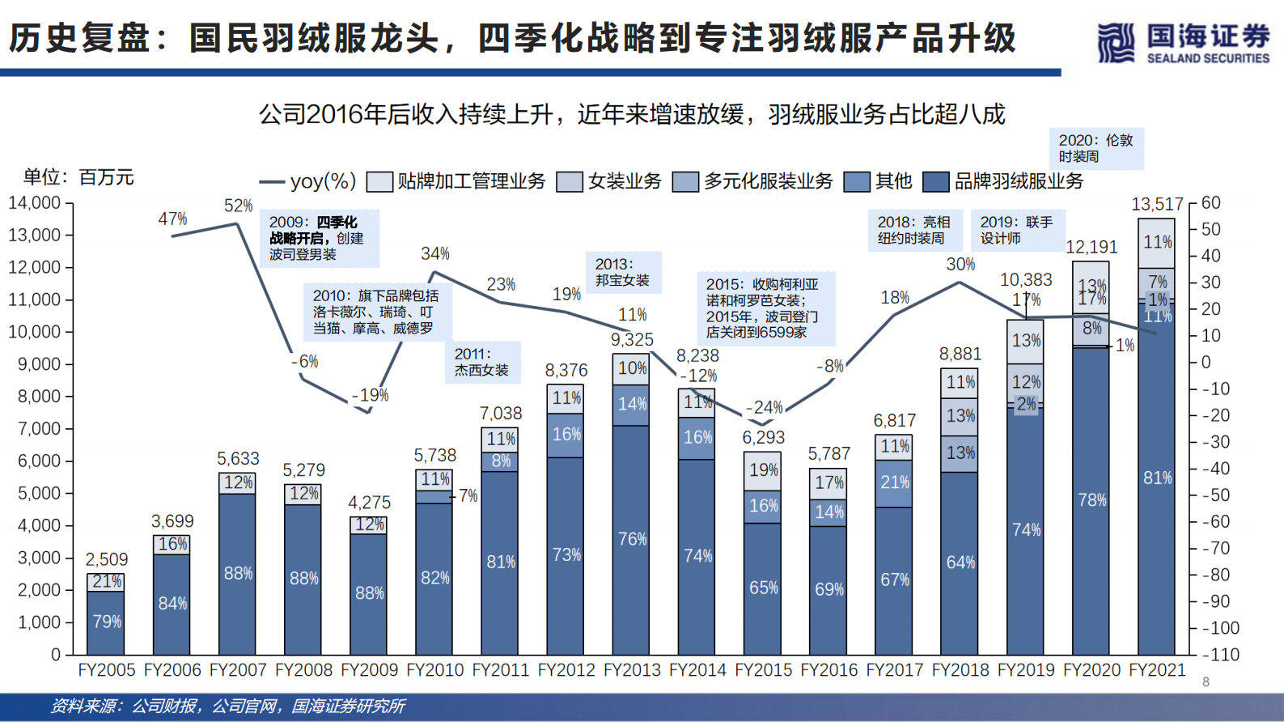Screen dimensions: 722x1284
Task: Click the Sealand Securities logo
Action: [1184, 42]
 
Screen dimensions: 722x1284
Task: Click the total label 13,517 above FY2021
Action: [1156, 204]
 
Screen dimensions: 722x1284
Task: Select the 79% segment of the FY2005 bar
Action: [106, 622]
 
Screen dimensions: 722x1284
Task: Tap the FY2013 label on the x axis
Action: [632, 670]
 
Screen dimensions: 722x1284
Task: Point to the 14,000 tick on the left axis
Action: [34, 203]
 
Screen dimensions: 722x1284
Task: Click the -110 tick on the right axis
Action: [1221, 655]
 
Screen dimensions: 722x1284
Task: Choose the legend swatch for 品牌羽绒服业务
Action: [936, 181]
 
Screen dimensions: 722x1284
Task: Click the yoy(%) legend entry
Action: [308, 181]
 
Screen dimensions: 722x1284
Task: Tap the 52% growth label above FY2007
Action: [238, 206]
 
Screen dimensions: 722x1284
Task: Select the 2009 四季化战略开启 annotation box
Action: [319, 238]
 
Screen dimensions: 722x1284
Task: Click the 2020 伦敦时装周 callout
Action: [1096, 148]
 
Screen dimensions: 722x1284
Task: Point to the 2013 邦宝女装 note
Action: [623, 272]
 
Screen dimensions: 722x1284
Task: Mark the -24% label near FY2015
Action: [764, 407]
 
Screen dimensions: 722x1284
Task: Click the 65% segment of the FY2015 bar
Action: [763, 588]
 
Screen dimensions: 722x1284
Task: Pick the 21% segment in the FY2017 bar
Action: [895, 482]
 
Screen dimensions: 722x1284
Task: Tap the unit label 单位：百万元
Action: [78, 177]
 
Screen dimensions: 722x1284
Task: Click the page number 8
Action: [1206, 682]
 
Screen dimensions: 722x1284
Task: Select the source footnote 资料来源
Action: [227, 707]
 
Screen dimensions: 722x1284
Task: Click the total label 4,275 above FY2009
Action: [369, 503]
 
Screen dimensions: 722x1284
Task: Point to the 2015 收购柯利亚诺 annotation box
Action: [765, 308]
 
